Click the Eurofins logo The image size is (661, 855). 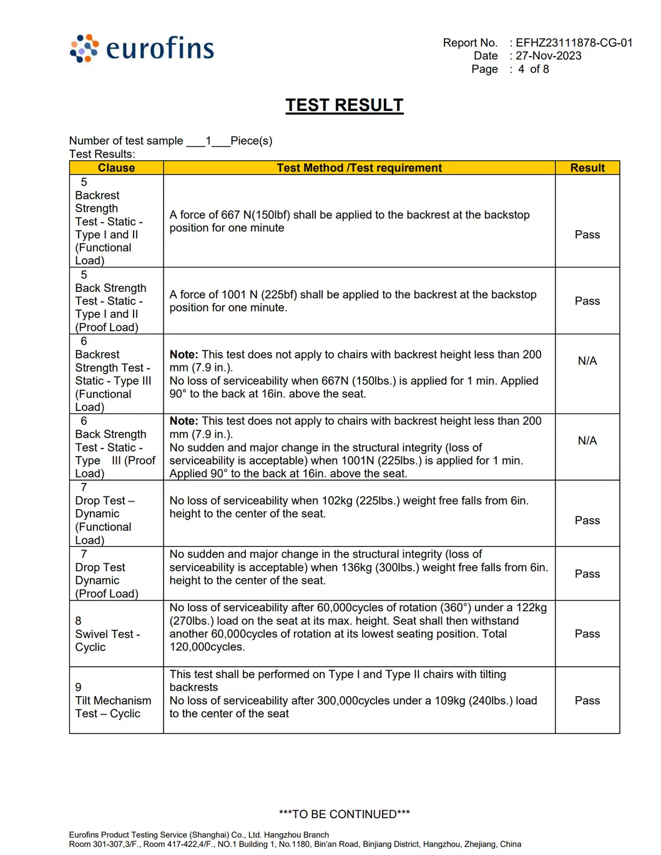[x=142, y=48]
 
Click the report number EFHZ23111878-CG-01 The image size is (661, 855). [x=574, y=42]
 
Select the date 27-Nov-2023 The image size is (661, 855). [x=548, y=56]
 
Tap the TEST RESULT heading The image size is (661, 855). [x=344, y=105]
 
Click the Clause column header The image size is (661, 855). [x=116, y=168]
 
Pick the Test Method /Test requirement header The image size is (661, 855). [x=359, y=168]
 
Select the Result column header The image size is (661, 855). [x=587, y=168]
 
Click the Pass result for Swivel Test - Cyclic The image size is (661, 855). [x=587, y=634]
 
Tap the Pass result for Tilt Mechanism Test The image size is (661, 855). [x=587, y=700]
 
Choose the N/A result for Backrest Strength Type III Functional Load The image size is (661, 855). [x=587, y=360]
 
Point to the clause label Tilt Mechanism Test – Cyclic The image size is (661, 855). [x=112, y=707]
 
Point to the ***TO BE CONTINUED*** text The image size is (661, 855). [x=344, y=814]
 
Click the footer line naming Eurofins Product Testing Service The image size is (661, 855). [x=198, y=834]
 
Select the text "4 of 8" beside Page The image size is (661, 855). [x=533, y=69]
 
